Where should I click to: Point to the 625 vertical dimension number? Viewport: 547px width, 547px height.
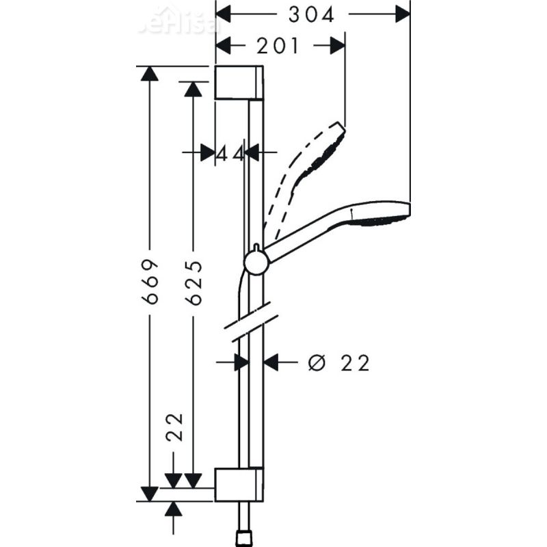tap(194, 282)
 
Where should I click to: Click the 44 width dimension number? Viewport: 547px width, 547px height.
tap(230, 153)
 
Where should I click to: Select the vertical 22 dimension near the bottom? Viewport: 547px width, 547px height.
tap(175, 427)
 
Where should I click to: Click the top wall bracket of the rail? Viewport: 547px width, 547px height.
tap(239, 83)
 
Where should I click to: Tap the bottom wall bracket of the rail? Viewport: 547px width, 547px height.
tap(239, 485)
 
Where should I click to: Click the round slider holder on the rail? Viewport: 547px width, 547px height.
tap(256, 263)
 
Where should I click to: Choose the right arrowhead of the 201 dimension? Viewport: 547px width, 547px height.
tap(336, 46)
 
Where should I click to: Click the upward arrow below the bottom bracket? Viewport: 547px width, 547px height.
tap(174, 509)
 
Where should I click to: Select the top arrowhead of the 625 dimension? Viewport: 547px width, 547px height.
tap(194, 89)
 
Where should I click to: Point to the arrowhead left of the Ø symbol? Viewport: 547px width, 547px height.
tap(271, 363)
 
